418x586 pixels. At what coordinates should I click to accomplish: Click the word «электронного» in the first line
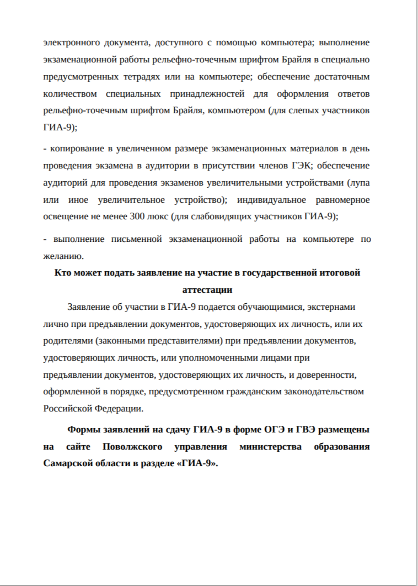click(71, 42)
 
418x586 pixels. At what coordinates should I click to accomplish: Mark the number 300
click(136, 217)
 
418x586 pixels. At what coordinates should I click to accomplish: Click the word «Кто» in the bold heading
click(62, 272)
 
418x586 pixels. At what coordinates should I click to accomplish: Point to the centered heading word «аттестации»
click(207, 289)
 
